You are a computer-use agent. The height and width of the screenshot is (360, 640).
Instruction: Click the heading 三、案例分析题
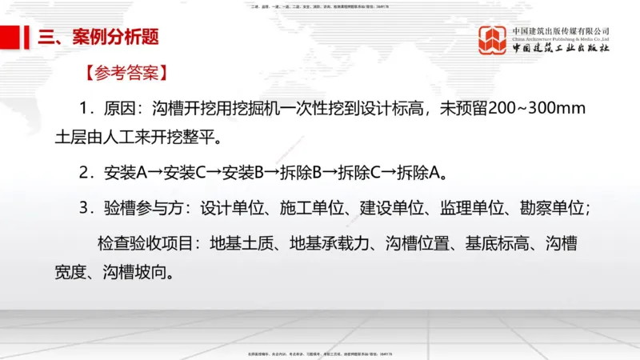click(97, 38)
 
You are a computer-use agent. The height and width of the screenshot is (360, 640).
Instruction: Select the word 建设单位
click(391, 207)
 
